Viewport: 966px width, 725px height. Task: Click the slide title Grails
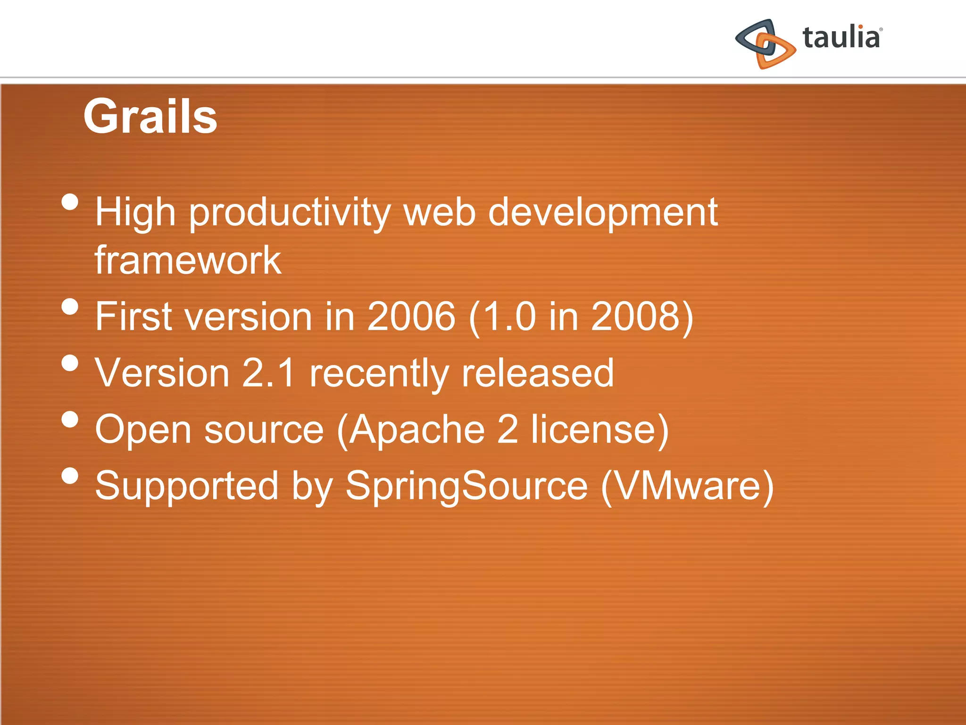pyautogui.click(x=150, y=116)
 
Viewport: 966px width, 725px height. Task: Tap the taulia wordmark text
pyautogui.click(x=841, y=38)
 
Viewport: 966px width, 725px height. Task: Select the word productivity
pyautogui.click(x=290, y=213)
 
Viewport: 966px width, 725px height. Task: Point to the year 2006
pyautogui.click(x=411, y=316)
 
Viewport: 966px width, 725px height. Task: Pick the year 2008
pyautogui.click(x=635, y=316)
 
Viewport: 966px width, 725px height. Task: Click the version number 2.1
pyautogui.click(x=268, y=373)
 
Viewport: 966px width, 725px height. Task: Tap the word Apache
pyautogui.click(x=417, y=430)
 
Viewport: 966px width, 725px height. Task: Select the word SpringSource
pyautogui.click(x=466, y=486)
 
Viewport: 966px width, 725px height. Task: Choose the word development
pyautogui.click(x=602, y=213)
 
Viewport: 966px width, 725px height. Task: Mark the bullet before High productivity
pyautogui.click(x=70, y=202)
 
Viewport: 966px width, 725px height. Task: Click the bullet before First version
pyautogui.click(x=70, y=306)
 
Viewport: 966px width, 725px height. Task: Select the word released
pyautogui.click(x=537, y=373)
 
